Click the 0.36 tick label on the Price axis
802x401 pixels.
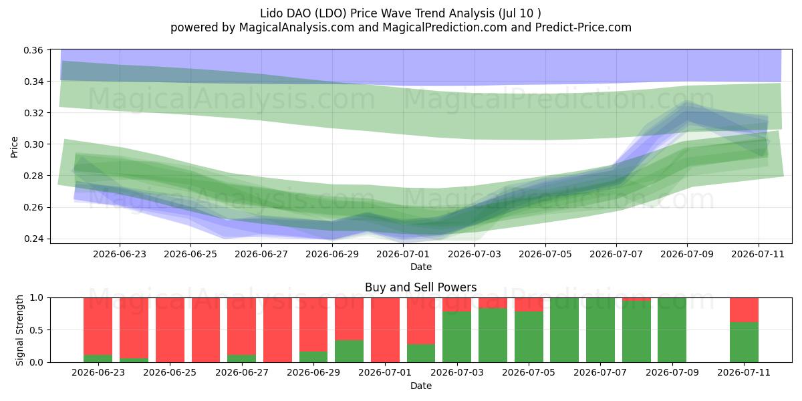(33, 50)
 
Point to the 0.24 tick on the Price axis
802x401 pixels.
(33, 239)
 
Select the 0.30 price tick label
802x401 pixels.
(33, 144)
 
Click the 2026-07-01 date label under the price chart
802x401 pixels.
(403, 254)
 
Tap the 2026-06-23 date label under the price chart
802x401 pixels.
(120, 254)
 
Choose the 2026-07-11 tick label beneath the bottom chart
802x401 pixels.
(744, 373)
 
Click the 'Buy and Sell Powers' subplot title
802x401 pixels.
(420, 287)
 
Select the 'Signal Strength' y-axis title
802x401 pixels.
(19, 330)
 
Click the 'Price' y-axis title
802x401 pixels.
(14, 147)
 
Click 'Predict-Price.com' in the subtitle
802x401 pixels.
(583, 27)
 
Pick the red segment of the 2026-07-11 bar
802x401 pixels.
(744, 310)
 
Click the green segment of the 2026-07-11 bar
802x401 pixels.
(744, 342)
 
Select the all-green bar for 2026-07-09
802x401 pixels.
(672, 330)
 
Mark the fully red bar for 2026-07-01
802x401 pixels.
(385, 330)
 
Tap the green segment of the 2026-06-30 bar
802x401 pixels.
(349, 352)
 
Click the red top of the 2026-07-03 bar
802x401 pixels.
(457, 305)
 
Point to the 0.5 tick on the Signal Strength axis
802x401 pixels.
(36, 330)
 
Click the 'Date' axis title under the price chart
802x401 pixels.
(420, 267)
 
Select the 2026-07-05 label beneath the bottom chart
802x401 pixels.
(529, 373)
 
